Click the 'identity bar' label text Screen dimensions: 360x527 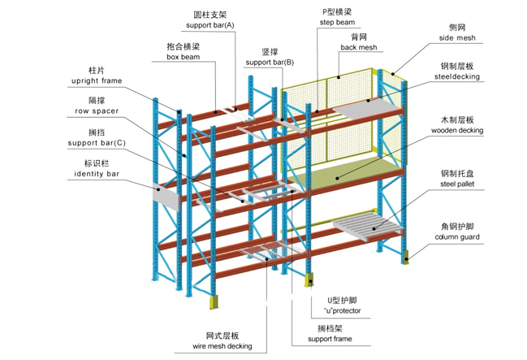(96, 173)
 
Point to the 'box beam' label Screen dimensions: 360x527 (184, 58)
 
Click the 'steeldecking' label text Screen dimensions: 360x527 (456, 76)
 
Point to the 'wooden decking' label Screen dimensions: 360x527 (456, 130)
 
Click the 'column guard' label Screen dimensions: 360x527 (456, 237)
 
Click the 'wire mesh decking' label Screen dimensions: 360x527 (222, 346)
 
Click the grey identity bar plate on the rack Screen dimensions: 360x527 (166, 195)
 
